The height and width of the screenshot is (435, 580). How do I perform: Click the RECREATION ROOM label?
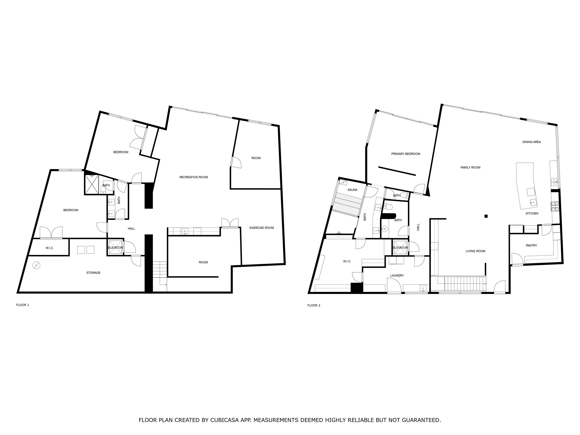194,177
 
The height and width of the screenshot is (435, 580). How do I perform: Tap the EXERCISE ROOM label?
261,228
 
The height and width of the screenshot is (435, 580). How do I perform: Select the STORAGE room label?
93,273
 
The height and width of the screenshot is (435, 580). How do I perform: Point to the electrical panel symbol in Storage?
36,266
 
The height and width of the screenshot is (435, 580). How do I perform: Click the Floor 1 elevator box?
115,247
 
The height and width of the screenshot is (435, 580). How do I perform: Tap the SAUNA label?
352,190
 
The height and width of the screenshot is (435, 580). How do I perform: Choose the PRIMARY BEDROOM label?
406,154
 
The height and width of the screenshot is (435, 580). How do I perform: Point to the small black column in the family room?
486,216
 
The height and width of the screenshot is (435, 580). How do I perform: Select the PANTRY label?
531,246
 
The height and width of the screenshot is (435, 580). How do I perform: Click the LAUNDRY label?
397,276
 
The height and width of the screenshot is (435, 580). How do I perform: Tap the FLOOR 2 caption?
314,305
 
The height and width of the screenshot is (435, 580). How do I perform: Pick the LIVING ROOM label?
475,251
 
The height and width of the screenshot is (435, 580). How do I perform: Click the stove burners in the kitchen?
555,206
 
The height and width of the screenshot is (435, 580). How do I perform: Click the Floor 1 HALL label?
131,229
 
